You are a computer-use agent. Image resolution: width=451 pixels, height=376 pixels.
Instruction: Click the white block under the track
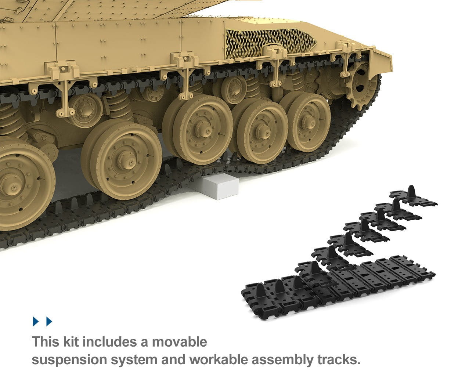[x=218, y=186]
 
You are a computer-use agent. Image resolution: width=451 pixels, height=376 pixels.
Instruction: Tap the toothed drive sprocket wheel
[x=360, y=86]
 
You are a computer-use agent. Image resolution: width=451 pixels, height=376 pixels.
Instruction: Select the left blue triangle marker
[x=36, y=321]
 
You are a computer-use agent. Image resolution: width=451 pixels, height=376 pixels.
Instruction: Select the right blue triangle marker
[x=49, y=321]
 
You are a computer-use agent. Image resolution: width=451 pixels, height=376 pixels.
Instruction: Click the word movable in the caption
[x=180, y=342]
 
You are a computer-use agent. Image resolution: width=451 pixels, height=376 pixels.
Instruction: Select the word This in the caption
[x=46, y=342]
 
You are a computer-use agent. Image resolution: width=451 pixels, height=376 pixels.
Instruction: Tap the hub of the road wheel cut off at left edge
[x=11, y=186]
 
